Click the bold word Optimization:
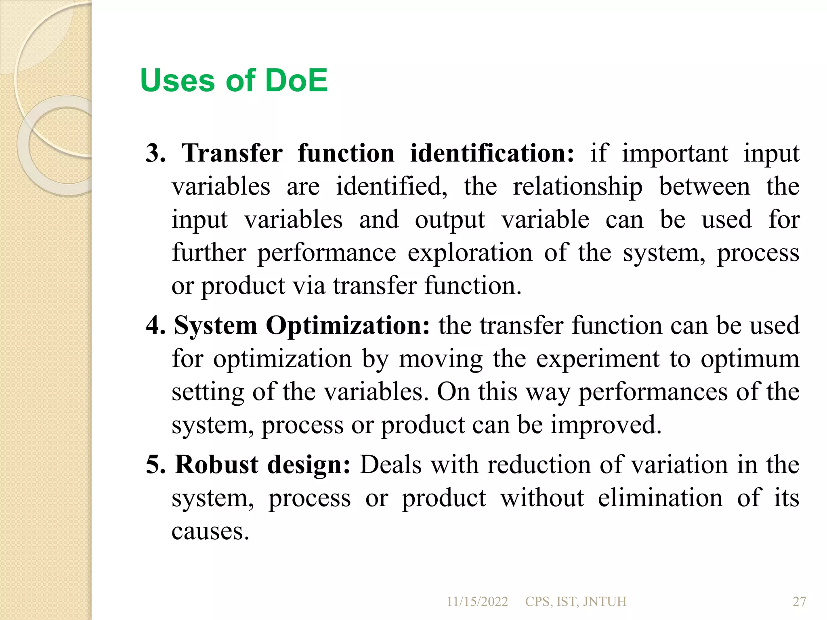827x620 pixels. click(348, 325)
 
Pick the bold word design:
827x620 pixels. click(309, 465)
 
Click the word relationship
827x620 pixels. click(577, 187)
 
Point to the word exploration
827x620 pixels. click(470, 253)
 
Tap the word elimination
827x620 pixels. click(660, 498)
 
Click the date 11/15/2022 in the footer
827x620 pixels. click(477, 602)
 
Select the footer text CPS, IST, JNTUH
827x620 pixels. click(575, 602)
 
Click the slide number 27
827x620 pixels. click(800, 602)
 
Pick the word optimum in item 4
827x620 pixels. click(750, 359)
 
